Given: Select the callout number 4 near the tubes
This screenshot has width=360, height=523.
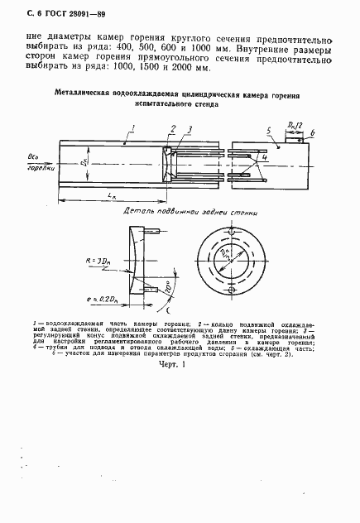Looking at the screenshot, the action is pyautogui.click(x=264, y=156).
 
